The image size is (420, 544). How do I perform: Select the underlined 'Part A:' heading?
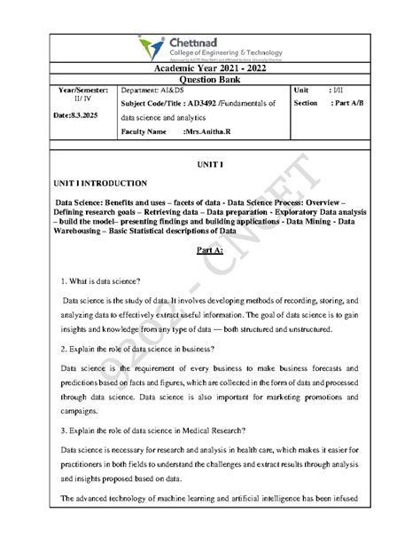click(x=210, y=253)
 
